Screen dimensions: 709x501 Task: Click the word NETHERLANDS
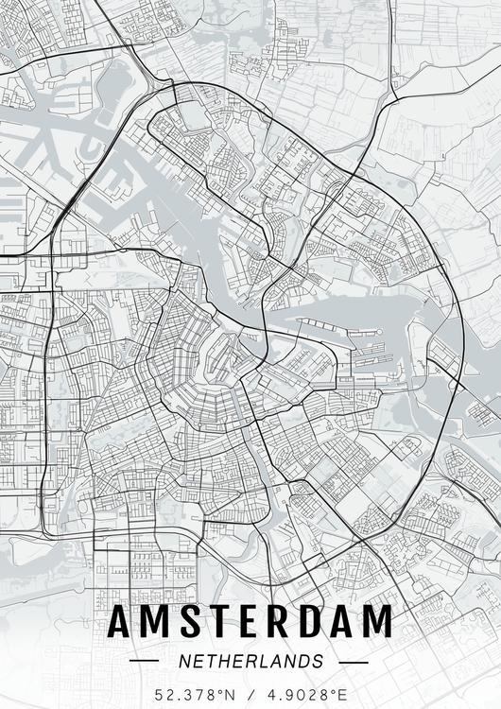coord(250,661)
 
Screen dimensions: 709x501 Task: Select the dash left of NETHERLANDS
coord(145,661)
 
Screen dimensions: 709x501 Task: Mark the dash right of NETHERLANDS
coord(352,661)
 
